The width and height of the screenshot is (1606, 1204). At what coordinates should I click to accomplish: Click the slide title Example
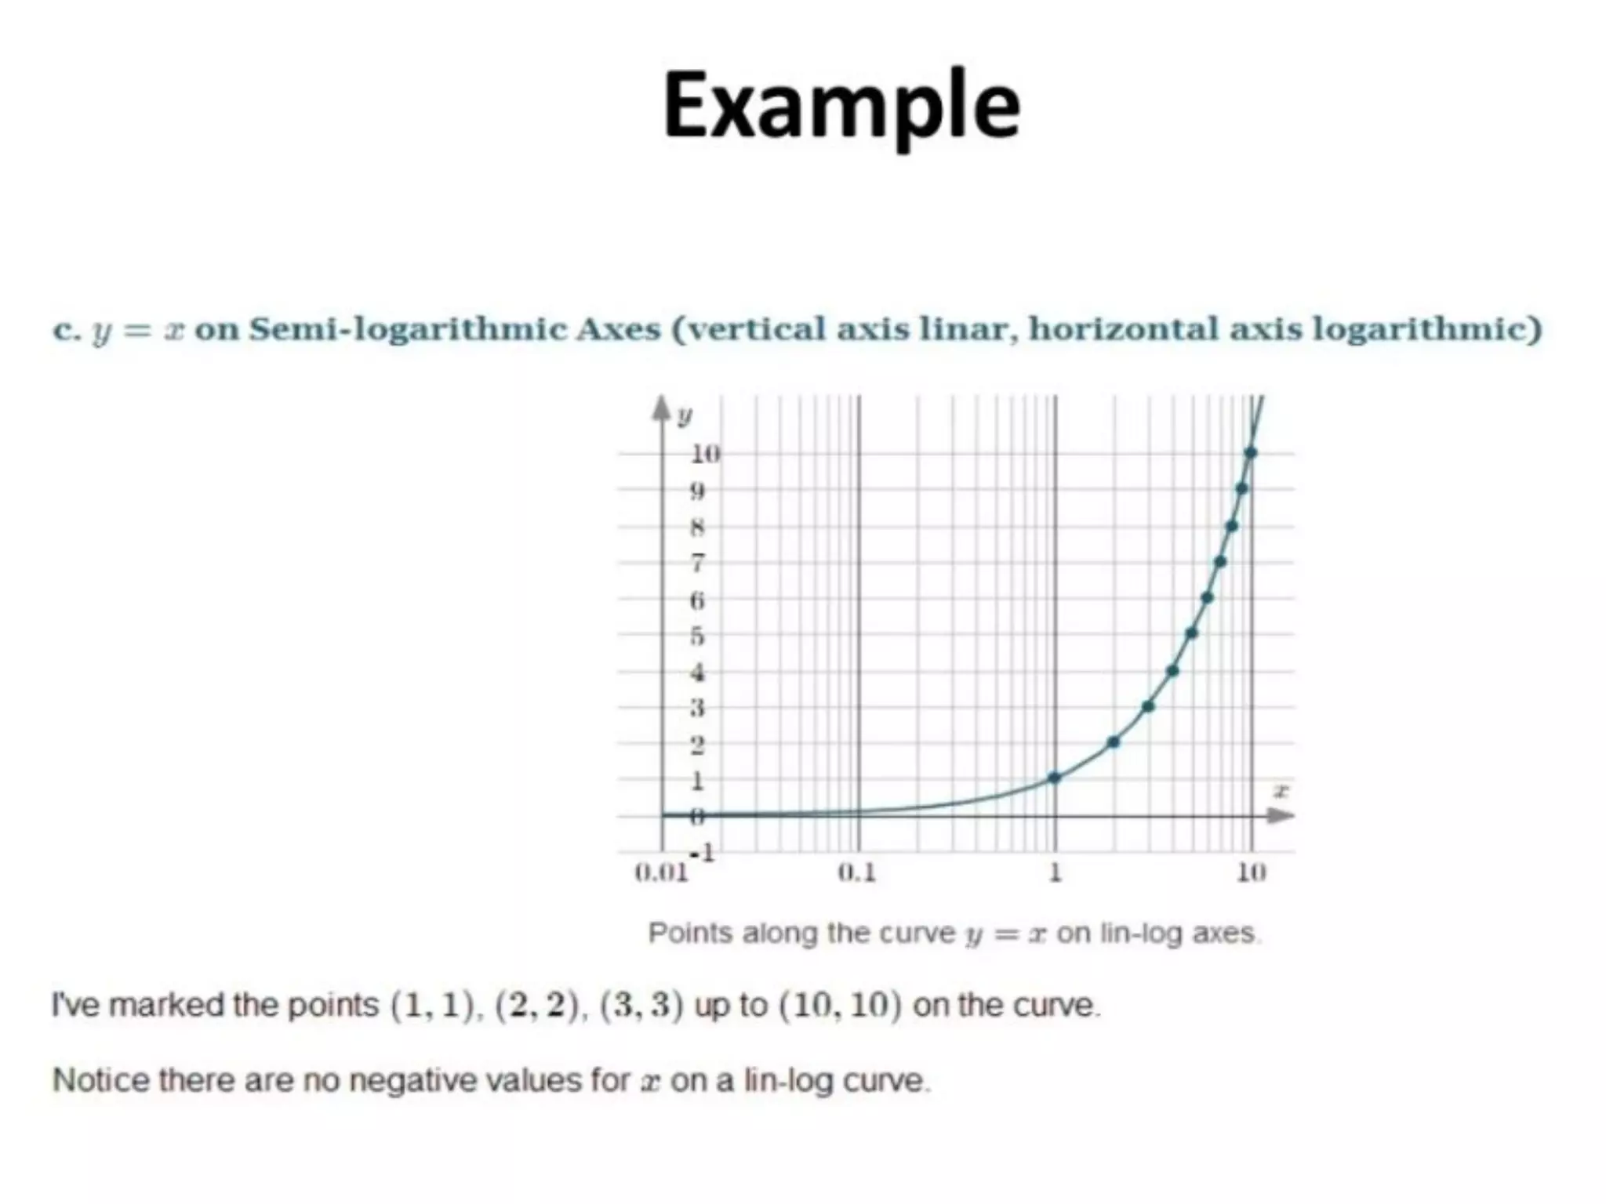[x=841, y=107]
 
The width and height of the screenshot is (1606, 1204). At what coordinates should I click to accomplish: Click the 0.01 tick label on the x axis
[x=661, y=872]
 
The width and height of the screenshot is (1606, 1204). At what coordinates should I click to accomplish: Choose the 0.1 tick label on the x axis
[x=857, y=872]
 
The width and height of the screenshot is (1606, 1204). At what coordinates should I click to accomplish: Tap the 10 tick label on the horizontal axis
[x=1252, y=872]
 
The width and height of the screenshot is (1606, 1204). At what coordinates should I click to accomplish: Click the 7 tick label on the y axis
[x=697, y=563]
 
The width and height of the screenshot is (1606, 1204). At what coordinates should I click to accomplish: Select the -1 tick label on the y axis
[x=702, y=852]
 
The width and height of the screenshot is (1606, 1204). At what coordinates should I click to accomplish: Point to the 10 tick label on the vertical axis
[x=704, y=453]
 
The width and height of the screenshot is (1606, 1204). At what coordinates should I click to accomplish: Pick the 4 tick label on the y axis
[x=697, y=672]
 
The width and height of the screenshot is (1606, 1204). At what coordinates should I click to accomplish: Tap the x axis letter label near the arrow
[x=1280, y=791]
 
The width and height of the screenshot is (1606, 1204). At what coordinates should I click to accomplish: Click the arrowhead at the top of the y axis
[x=662, y=407]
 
